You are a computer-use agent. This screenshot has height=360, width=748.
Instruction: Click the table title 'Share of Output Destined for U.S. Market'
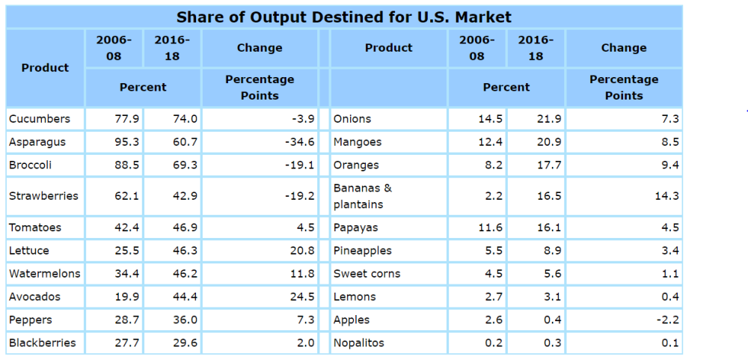[x=344, y=16]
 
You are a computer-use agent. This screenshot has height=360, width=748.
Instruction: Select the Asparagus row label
[x=37, y=141]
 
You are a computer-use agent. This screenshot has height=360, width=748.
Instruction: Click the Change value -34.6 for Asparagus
[x=299, y=141]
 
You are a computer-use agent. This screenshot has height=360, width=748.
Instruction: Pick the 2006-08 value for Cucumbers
[x=126, y=118]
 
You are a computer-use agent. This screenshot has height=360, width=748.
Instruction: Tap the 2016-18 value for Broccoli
[x=185, y=165]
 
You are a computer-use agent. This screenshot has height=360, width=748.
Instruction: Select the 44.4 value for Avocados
[x=185, y=297]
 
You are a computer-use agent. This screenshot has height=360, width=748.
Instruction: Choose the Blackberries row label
[x=43, y=343]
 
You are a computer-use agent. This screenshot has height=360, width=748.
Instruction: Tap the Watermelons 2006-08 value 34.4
[x=126, y=274]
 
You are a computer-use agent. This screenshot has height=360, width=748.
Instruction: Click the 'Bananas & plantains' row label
[x=363, y=196]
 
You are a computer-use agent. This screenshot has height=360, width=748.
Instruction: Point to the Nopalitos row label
[x=359, y=343]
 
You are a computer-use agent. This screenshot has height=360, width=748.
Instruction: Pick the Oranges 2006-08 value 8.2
[x=494, y=165]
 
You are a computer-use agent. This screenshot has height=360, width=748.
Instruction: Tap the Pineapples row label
[x=363, y=251]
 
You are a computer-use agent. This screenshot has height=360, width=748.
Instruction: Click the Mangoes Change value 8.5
[x=669, y=141]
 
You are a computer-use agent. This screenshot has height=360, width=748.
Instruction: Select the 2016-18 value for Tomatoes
[x=185, y=228]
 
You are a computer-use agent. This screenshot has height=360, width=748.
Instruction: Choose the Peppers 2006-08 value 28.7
[x=126, y=320]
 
